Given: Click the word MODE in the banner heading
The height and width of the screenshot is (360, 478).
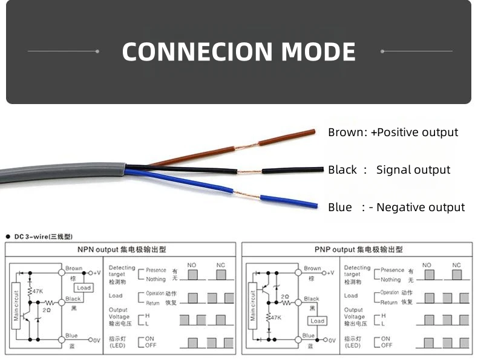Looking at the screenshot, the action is [x=318, y=52].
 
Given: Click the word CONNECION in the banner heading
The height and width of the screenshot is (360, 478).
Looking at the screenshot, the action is [x=197, y=52].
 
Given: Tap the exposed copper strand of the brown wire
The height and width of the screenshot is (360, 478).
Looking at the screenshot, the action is [x=246, y=146].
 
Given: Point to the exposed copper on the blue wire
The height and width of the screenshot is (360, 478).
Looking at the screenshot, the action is [x=247, y=195].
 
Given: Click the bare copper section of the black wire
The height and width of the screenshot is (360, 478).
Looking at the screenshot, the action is [x=249, y=172].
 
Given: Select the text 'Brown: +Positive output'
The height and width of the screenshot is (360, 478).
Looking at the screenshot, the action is [x=393, y=133].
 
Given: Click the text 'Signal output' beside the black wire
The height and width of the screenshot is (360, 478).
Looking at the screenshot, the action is [x=413, y=170].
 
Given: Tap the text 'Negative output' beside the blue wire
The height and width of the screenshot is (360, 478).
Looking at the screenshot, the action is [x=421, y=208].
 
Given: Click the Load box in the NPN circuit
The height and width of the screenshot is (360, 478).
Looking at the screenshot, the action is [x=83, y=287].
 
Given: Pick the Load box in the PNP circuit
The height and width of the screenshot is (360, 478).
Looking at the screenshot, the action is [x=317, y=321].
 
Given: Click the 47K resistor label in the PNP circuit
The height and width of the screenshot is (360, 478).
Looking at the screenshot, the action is [x=276, y=317].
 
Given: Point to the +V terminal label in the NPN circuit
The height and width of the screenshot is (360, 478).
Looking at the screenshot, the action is [x=96, y=273].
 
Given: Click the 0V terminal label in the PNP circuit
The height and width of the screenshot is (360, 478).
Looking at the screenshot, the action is [x=332, y=340].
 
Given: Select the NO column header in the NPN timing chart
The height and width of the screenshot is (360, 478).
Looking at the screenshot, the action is [x=192, y=265].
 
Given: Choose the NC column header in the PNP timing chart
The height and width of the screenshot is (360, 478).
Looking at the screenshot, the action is [x=456, y=265].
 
